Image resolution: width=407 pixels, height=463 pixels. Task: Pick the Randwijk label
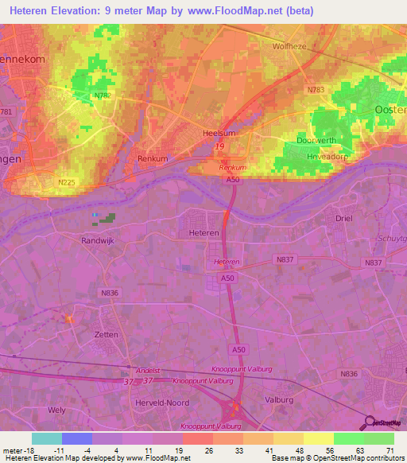(x=100, y=239)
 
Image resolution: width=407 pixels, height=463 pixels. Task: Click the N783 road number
(x=317, y=90)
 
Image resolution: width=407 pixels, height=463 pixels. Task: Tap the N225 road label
(x=67, y=182)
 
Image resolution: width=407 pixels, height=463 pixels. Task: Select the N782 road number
(x=103, y=96)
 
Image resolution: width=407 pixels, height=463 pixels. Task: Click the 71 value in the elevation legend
(x=389, y=449)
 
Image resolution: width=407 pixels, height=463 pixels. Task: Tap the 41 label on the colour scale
(x=269, y=449)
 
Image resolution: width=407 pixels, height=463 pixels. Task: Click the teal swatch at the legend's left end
(x=47, y=438)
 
